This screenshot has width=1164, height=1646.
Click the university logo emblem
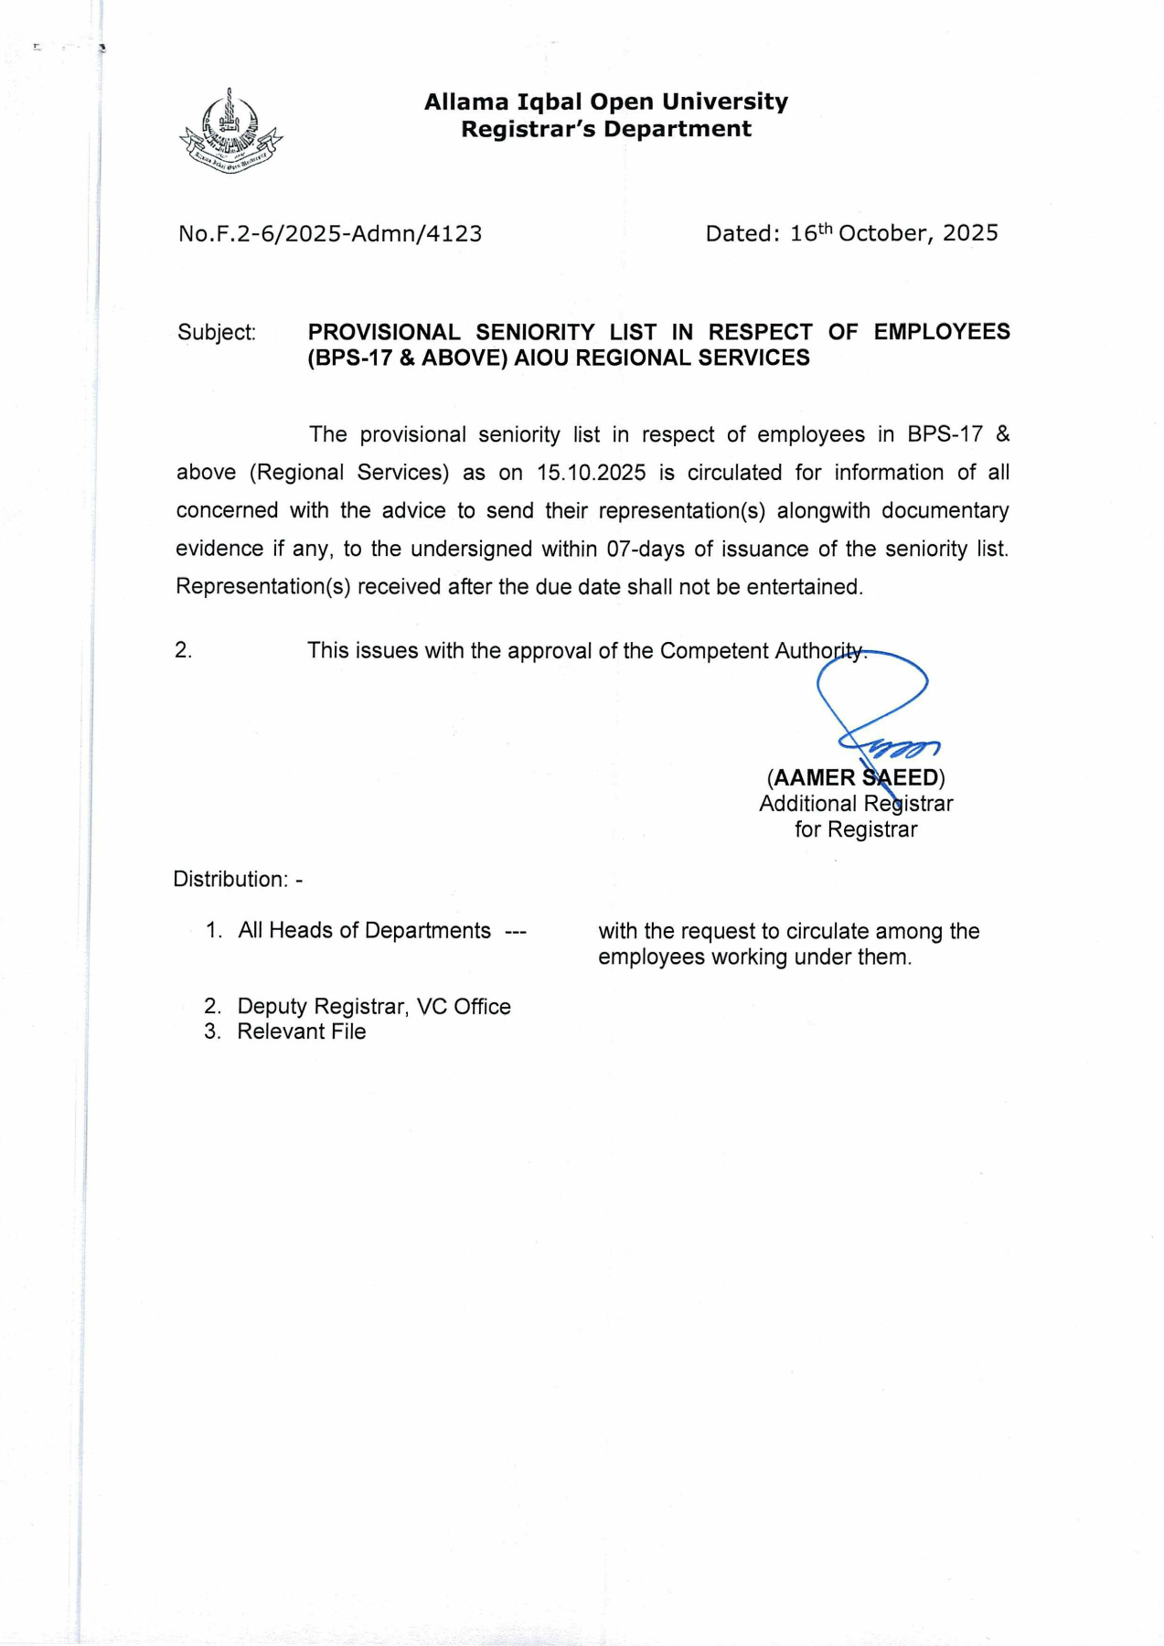pos(230,132)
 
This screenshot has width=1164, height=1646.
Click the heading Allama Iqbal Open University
pos(605,102)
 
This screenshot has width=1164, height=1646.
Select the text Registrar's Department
pos(605,129)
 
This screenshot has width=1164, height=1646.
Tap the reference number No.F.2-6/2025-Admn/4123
pos(330,234)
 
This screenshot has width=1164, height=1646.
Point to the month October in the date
pos(882,233)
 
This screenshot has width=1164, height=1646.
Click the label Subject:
pos(217,332)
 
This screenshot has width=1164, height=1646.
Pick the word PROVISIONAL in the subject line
pos(384,332)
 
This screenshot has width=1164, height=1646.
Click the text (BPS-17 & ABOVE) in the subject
pos(408,358)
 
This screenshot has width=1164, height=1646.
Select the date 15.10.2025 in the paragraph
pos(591,473)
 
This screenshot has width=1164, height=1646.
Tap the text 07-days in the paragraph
pos(646,549)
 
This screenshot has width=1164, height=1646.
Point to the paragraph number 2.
pos(184,650)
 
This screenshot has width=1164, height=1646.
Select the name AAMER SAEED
pos(856,778)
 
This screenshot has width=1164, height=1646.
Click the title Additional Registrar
pos(856,804)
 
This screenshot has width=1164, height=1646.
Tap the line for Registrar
pos(856,829)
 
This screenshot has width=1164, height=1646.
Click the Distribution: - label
pos(238,879)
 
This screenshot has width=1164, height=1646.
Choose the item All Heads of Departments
pos(364,930)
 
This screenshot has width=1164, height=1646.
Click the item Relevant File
pos(301,1031)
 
